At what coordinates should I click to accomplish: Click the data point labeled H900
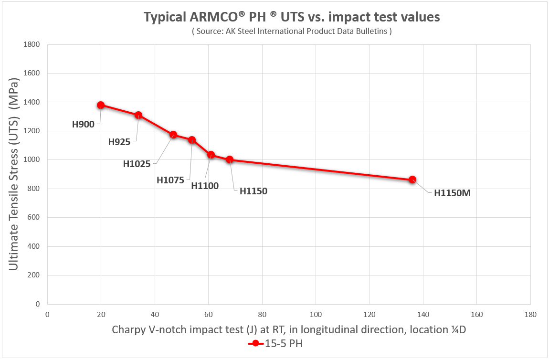[x=101, y=105]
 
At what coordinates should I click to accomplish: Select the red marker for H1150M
[x=412, y=180]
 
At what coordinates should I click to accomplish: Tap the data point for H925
[x=138, y=115]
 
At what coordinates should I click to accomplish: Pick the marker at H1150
[x=230, y=159]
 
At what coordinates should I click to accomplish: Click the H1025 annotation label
[x=137, y=164]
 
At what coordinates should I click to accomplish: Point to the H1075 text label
[x=170, y=180]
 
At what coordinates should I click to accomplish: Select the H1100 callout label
[x=205, y=186]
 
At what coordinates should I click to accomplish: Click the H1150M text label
[x=452, y=193]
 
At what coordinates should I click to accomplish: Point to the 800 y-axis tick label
[x=35, y=189]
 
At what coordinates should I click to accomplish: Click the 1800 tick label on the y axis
[x=33, y=44]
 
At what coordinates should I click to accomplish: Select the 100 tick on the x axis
[x=316, y=315]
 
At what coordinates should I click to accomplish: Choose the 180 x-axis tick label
[x=530, y=315]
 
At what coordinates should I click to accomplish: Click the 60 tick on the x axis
[x=208, y=315]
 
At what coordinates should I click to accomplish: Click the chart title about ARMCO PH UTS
[x=292, y=18]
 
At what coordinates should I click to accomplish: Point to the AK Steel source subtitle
[x=292, y=32]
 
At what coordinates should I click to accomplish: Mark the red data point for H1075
[x=192, y=140]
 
